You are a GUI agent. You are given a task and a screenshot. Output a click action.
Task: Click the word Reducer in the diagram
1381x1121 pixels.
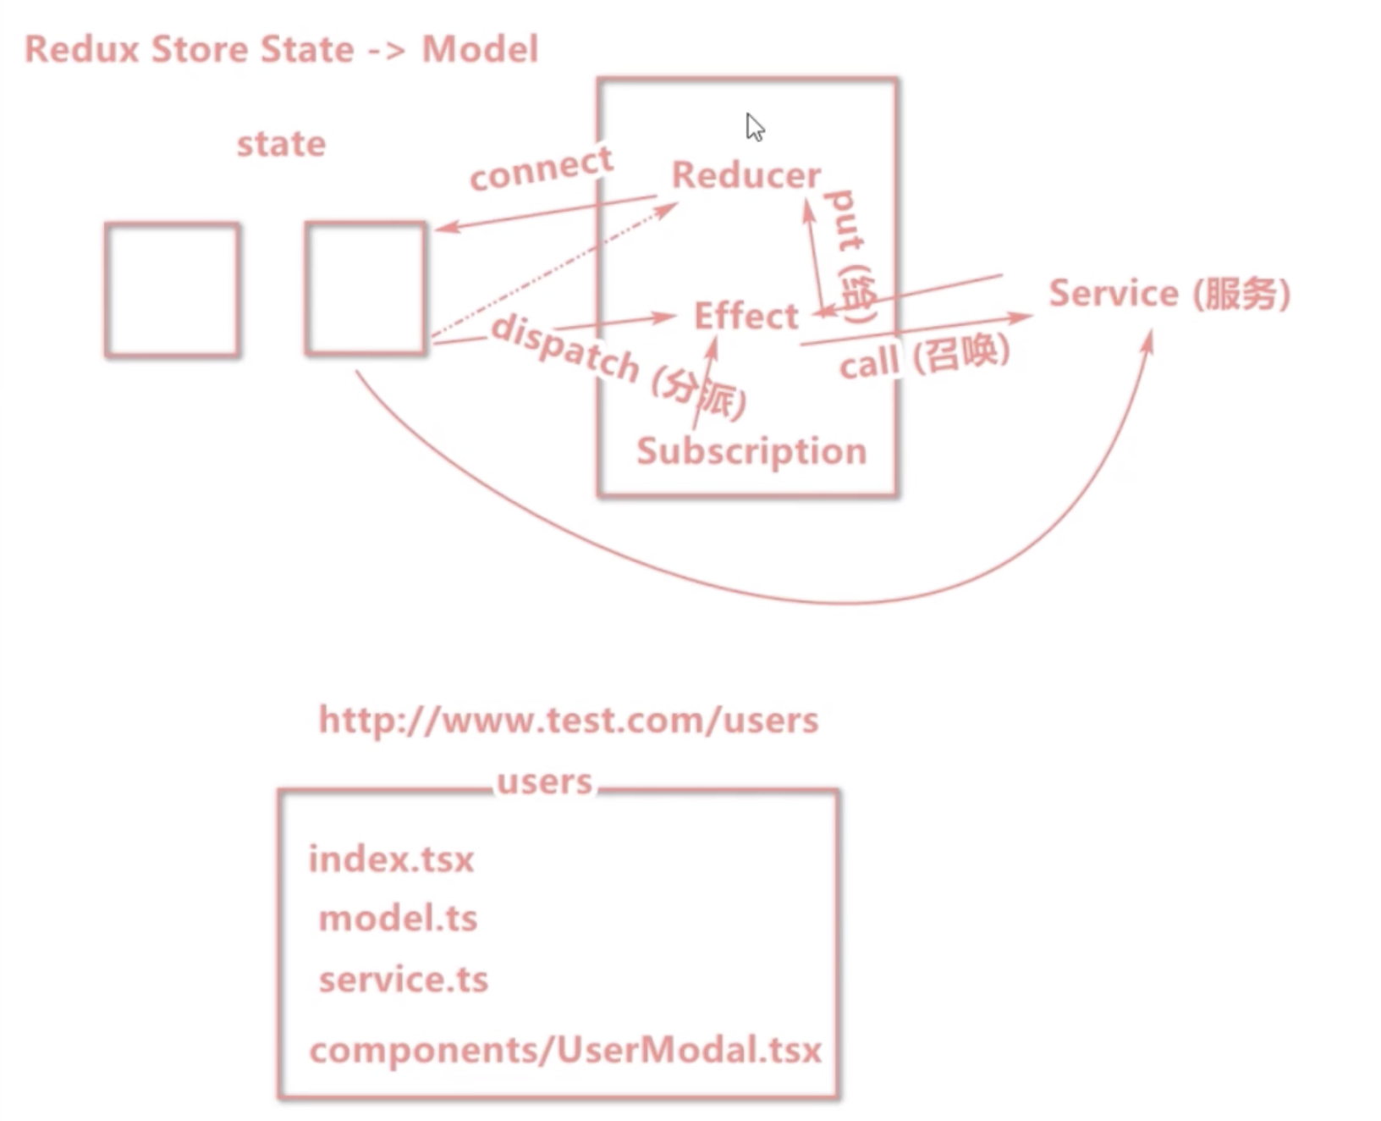point(746,175)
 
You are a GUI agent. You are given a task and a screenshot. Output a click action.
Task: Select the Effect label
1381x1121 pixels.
point(746,316)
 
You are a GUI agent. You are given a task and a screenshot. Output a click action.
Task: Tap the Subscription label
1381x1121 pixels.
point(751,451)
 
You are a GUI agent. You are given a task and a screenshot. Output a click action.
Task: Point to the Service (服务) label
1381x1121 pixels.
point(1169,294)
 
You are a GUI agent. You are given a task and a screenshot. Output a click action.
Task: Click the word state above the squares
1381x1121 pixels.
point(281,144)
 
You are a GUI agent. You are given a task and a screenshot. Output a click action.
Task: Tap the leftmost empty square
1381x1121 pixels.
point(173,290)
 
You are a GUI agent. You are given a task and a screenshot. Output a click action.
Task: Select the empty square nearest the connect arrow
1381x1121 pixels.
point(366,289)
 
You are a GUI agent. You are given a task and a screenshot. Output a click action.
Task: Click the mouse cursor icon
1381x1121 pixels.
point(755,127)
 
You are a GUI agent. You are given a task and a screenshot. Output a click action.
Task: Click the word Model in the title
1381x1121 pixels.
point(480,49)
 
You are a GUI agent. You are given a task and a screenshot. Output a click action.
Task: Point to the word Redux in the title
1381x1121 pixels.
point(81,49)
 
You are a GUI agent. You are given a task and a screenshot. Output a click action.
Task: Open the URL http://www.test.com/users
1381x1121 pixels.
point(569,721)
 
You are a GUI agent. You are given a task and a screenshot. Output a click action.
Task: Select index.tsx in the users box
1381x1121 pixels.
point(391,859)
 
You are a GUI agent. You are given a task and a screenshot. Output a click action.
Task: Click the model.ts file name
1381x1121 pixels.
point(398,919)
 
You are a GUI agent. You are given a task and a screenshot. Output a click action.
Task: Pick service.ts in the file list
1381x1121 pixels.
point(404,980)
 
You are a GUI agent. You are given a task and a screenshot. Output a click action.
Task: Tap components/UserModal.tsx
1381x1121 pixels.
point(565,1051)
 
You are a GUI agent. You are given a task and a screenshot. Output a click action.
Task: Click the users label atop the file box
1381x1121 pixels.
point(545,781)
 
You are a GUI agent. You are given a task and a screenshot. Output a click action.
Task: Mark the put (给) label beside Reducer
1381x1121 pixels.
point(850,254)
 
